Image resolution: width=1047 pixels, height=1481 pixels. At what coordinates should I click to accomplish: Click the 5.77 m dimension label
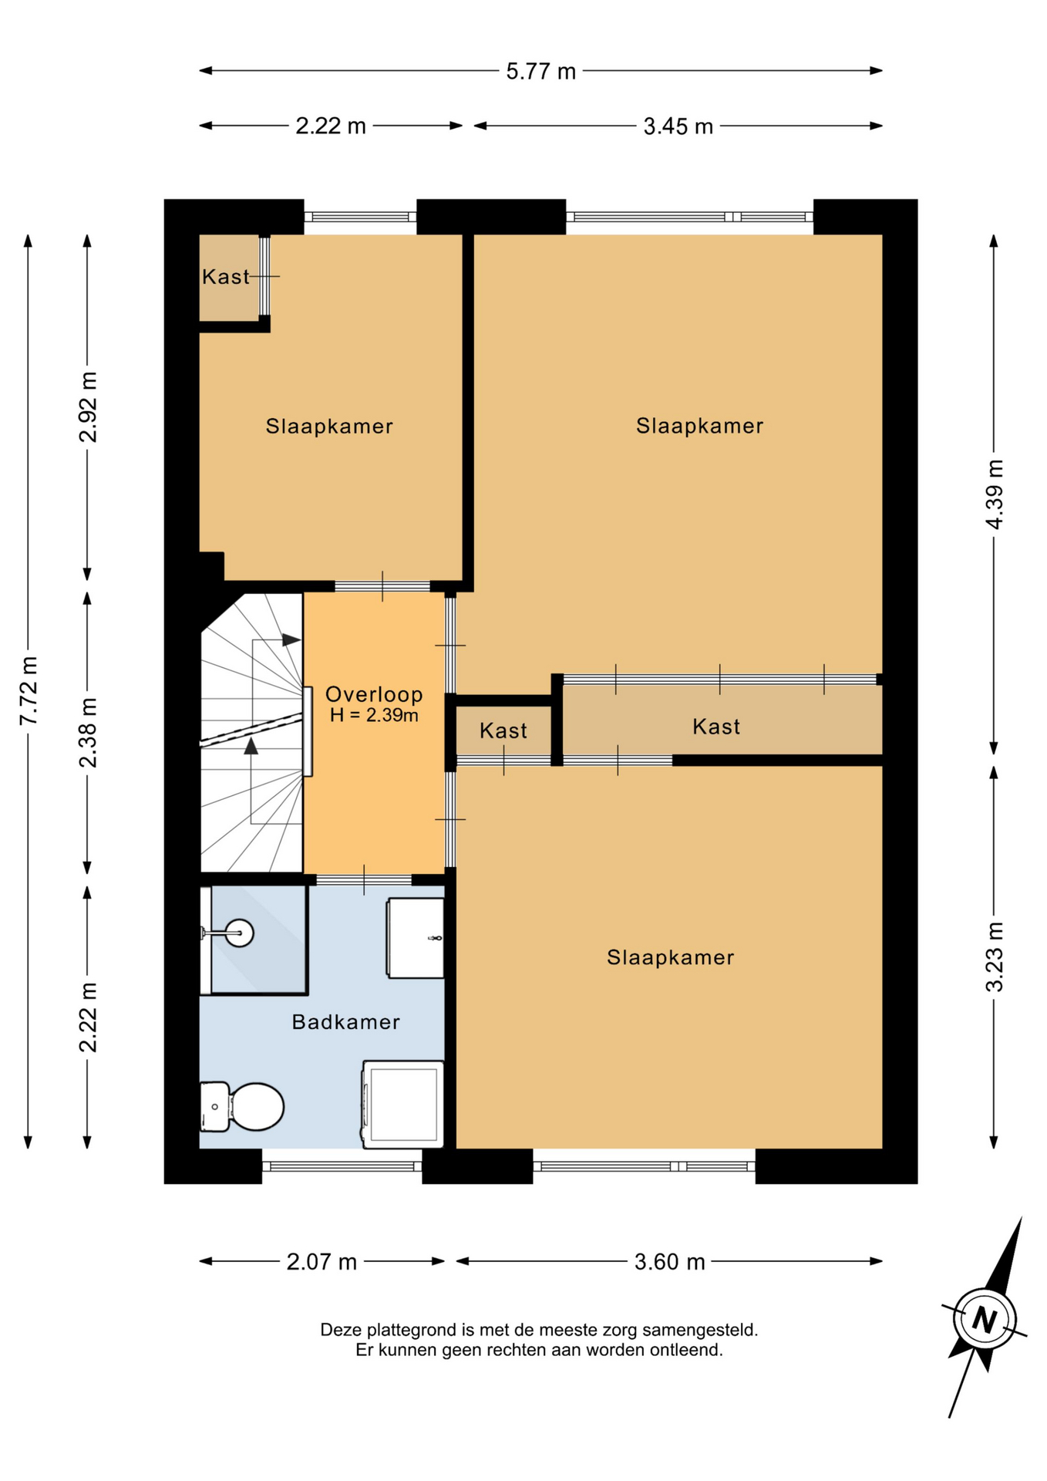(540, 72)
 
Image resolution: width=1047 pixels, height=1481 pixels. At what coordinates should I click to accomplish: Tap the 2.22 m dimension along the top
(331, 126)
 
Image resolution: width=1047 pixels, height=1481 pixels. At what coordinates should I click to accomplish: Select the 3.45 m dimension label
(678, 126)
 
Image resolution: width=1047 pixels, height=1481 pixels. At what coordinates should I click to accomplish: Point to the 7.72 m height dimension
(29, 690)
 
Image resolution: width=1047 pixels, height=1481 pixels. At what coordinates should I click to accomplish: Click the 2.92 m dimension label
(89, 407)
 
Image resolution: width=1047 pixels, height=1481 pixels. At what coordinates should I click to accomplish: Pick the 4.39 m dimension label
(995, 494)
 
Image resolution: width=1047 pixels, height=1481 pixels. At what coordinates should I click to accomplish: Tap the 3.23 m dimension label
(995, 957)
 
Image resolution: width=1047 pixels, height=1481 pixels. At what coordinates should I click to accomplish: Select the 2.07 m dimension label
(322, 1262)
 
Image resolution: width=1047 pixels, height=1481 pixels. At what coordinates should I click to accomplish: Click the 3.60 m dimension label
(669, 1262)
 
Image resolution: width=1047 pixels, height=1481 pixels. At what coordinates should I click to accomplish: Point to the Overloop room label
(374, 694)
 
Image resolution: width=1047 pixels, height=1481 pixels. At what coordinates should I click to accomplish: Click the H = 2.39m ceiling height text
(374, 715)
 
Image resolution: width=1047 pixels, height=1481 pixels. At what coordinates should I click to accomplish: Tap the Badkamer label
(346, 1022)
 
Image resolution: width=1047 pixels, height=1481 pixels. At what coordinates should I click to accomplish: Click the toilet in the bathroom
(242, 1106)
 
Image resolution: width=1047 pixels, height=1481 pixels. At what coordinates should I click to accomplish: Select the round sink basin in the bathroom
(239, 933)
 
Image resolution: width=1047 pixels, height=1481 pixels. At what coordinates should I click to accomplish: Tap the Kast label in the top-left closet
(226, 277)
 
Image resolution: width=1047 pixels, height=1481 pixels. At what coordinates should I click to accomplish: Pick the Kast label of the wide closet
(716, 727)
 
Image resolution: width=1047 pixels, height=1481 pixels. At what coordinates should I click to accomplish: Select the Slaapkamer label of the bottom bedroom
(670, 957)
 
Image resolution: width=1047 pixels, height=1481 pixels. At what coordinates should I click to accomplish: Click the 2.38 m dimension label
(89, 733)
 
